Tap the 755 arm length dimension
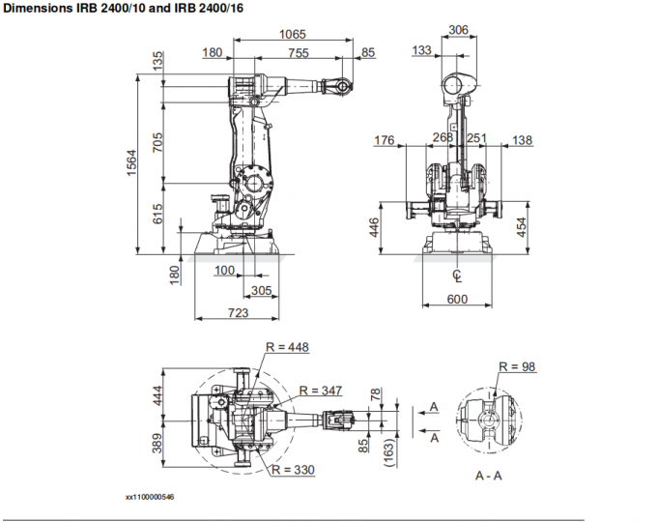298,53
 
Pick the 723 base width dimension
237,312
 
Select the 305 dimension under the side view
260,290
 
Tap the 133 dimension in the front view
421,50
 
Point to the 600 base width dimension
457,299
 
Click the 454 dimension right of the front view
521,226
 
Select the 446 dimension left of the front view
374,226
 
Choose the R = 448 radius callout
287,347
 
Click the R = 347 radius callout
321,391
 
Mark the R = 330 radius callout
295,470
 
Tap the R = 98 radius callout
517,366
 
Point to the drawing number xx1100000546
150,498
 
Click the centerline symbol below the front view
457,276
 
